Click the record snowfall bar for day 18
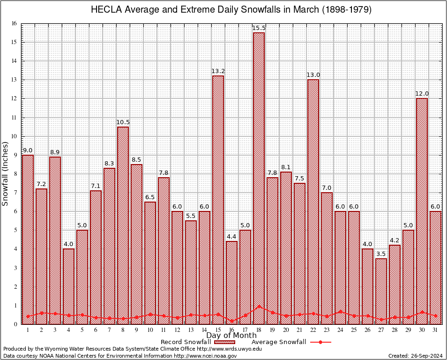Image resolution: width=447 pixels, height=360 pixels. [x=259, y=178]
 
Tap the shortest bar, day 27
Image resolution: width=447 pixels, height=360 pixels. [x=381, y=291]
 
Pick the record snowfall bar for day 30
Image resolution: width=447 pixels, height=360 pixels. [x=422, y=211]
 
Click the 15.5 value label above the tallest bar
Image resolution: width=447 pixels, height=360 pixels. [x=259, y=28]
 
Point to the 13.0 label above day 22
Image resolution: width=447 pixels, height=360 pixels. [x=313, y=75]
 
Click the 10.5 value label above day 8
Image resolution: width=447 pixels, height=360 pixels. [x=123, y=122]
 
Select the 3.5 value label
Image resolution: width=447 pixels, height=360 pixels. [x=381, y=254]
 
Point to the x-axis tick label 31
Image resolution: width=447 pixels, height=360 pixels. [x=435, y=330]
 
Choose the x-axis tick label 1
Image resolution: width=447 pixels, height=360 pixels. [x=28, y=330]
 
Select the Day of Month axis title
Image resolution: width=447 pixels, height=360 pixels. [x=231, y=336]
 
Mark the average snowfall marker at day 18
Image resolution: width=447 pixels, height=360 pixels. [x=259, y=307]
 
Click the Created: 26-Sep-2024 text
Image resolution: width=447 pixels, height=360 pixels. [x=415, y=356]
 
